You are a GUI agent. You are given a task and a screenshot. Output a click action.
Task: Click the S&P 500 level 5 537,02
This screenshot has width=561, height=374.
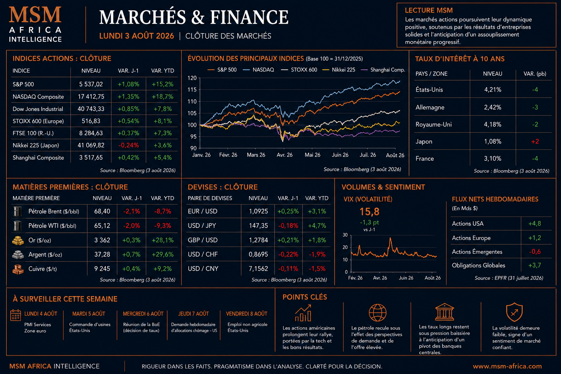91,84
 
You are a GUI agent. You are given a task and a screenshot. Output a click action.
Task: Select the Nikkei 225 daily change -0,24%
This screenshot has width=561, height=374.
129,145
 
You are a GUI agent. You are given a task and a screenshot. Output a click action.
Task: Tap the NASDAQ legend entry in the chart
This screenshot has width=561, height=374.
259,70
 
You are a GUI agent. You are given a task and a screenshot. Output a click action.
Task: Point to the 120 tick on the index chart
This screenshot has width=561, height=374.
192,78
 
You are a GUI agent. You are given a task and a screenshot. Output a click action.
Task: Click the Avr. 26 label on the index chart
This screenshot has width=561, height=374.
285,155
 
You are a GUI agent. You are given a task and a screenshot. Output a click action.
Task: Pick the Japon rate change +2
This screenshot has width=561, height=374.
535,142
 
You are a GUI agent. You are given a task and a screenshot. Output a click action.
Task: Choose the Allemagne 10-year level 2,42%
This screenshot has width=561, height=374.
493,107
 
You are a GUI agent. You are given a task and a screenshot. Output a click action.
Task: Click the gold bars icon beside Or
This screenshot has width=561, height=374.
18,240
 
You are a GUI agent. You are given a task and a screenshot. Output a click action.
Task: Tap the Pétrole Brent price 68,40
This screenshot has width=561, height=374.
102,211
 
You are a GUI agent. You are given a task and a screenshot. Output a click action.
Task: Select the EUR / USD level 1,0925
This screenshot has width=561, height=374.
258,211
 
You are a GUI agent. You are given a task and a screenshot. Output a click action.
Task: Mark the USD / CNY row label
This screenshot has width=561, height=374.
203,268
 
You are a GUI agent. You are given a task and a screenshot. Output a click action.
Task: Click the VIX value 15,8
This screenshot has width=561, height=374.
369,212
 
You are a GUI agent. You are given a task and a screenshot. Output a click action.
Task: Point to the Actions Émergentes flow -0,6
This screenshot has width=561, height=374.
535,252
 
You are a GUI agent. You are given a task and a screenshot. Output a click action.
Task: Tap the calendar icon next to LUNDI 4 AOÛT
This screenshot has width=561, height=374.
16,315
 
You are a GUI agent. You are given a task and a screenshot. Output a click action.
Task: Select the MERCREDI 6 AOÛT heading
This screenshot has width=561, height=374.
143,314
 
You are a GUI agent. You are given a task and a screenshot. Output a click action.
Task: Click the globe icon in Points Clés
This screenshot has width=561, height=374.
377,313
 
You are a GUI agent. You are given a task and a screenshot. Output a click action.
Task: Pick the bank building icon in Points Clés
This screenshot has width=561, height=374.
444,312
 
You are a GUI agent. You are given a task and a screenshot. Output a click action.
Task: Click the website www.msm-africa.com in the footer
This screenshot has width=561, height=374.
507,366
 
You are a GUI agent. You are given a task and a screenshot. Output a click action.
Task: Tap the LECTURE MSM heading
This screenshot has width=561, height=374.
429,10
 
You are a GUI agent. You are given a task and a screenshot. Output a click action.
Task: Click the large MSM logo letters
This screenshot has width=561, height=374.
35,15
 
